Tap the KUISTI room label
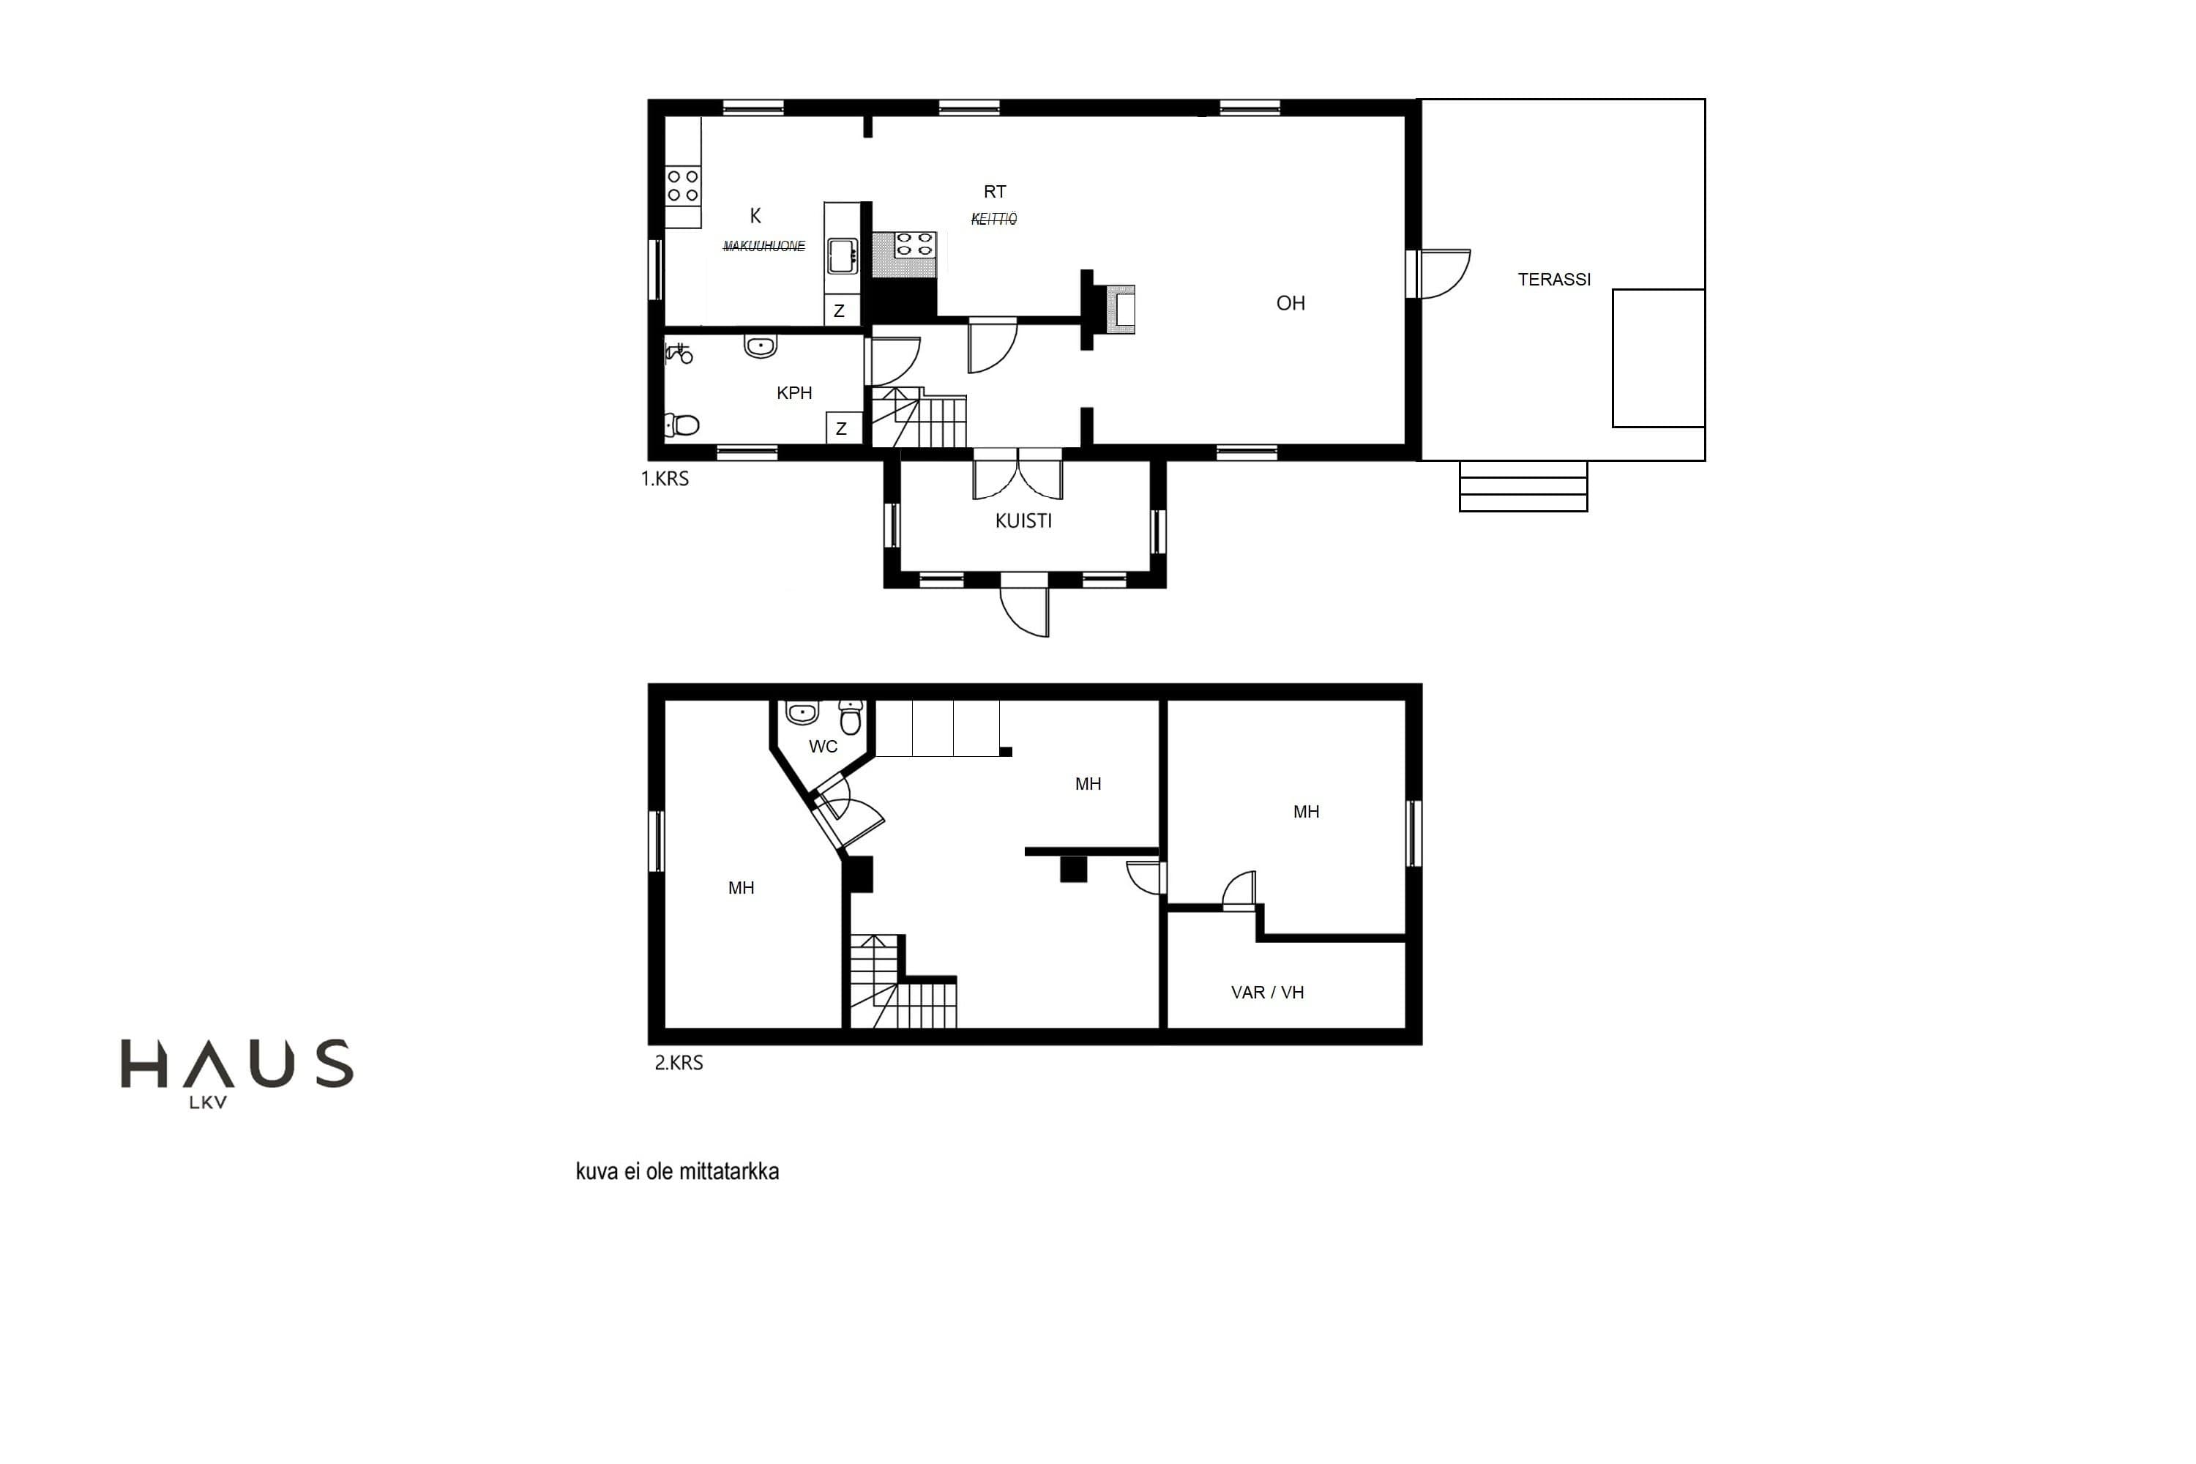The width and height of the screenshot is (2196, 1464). pos(1023,521)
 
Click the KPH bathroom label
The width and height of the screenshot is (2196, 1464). pos(794,393)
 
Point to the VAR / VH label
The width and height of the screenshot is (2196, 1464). pos(1267,993)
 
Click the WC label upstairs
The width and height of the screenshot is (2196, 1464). pos(823,747)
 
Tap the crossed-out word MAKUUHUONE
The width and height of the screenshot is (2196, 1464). pos(763,247)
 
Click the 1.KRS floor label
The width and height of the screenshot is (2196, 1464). pos(665,479)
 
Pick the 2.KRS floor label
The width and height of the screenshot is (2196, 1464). pos(679,1063)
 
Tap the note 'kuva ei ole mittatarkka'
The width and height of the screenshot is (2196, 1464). pos(677,1172)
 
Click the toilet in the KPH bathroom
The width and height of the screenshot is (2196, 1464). pos(681,426)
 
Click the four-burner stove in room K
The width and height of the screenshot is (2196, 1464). pos(682,185)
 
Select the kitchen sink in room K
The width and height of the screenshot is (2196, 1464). pos(843,255)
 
